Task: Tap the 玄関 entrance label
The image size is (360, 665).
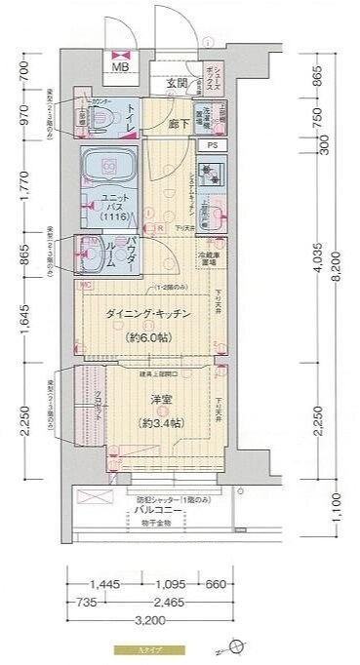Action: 177,82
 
